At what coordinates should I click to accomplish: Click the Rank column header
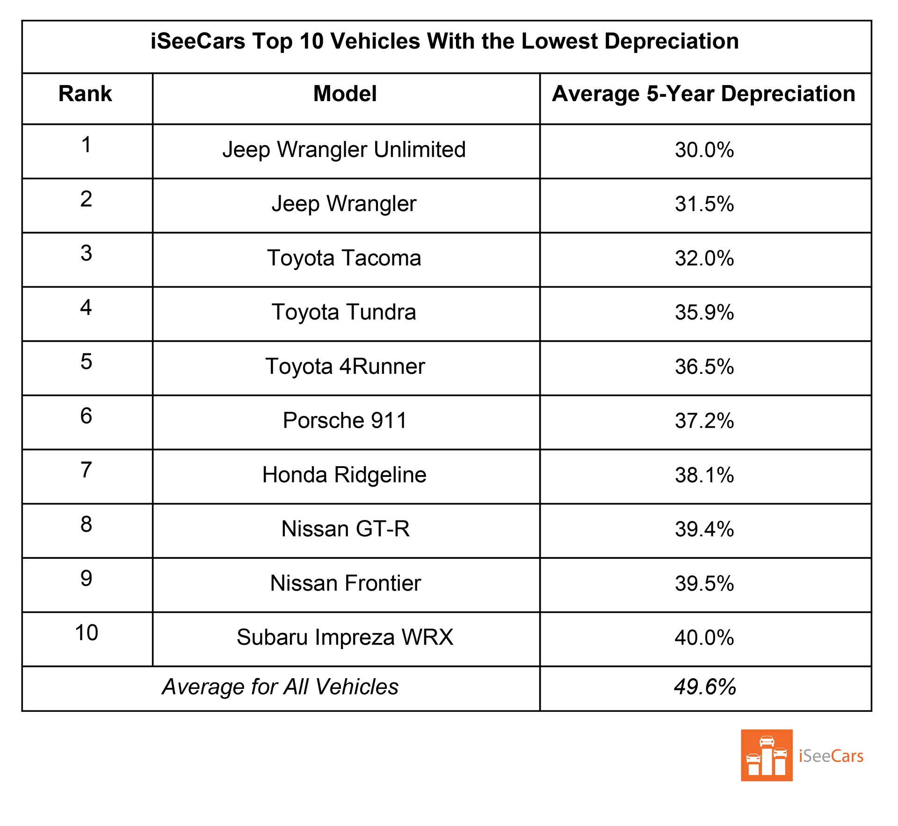point(85,94)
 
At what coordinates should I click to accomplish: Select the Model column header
point(345,94)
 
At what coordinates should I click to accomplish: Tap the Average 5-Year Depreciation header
point(703,94)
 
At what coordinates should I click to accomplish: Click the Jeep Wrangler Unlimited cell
point(344,150)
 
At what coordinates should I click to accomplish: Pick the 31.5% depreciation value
point(704,204)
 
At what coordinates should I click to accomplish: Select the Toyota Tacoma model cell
point(344,258)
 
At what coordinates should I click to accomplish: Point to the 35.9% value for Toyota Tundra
point(704,312)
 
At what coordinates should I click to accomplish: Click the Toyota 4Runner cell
point(345,366)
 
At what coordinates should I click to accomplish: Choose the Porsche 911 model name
point(345,420)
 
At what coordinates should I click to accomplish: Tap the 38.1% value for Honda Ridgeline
point(704,475)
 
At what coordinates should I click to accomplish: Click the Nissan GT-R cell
point(345,529)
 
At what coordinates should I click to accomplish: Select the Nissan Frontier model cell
point(345,583)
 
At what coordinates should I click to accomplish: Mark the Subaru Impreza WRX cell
point(345,637)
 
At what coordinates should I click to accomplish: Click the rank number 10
point(87,633)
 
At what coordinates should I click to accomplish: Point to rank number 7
point(86,470)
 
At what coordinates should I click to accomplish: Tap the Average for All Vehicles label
point(280,687)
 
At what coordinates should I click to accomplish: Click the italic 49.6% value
point(705,687)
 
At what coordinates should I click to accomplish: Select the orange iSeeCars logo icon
point(766,755)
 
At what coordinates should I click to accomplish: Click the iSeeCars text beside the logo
point(831,756)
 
